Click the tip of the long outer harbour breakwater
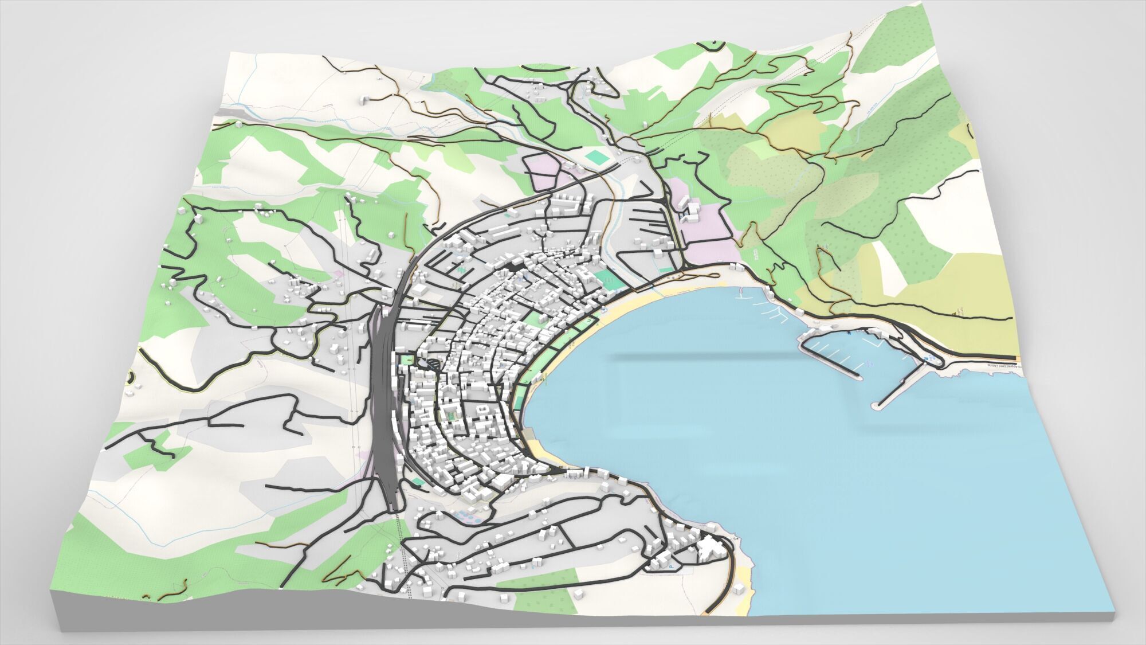click(x=873, y=406)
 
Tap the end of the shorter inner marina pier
click(x=858, y=377)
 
